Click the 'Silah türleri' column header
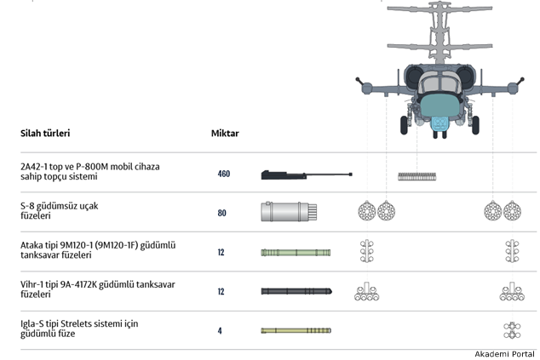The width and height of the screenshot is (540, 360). point(45,134)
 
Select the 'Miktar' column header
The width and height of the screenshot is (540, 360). point(225,134)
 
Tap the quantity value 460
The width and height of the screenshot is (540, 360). point(223,174)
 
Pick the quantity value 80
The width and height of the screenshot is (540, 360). point(222,213)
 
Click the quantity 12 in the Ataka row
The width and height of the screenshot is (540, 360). point(221,253)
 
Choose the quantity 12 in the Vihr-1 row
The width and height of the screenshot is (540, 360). point(221,292)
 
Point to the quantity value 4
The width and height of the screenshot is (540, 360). point(220,331)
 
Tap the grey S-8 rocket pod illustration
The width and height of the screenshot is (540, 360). point(289,213)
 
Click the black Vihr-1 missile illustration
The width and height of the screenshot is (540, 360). point(296,291)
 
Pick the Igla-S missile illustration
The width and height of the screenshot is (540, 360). point(296,330)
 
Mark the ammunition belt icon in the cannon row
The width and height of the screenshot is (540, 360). point(417,176)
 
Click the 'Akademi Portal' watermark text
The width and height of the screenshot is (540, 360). point(504,353)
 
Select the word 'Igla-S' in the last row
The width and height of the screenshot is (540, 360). point(33,324)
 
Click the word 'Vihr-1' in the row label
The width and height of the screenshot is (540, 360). point(34,285)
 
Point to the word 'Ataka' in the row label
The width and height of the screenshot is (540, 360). point(33,245)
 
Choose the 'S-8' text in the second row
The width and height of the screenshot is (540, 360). point(28,206)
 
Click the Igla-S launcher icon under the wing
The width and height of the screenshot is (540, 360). point(511,330)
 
